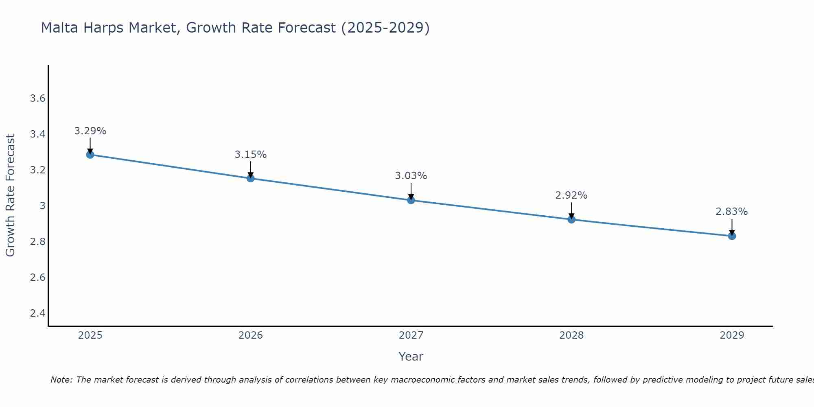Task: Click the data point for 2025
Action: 90,155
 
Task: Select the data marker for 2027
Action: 411,200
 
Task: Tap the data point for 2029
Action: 732,236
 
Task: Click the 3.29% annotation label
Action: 90,131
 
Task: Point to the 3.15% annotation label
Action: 250,155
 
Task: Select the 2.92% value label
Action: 571,195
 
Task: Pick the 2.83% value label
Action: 731,212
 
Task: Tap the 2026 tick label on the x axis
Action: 250,335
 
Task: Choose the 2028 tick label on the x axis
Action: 571,335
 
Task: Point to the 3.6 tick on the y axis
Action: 37,98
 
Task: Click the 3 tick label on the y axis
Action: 42,206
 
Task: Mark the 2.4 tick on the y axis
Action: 37,313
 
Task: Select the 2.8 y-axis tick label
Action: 37,242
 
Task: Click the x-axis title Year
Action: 411,357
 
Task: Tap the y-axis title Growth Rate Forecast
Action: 10,195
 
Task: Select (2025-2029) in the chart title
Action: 385,28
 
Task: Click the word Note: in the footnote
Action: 61,380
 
